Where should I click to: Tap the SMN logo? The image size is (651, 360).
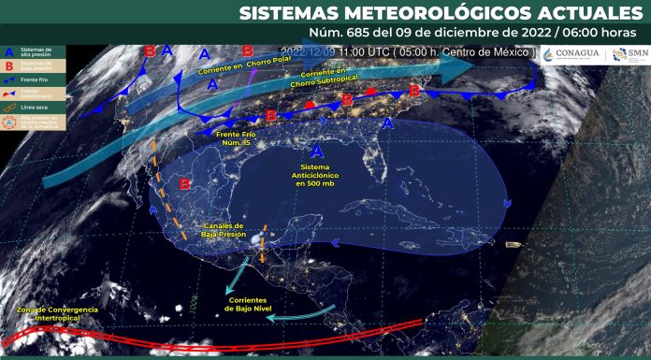pos(629,55)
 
